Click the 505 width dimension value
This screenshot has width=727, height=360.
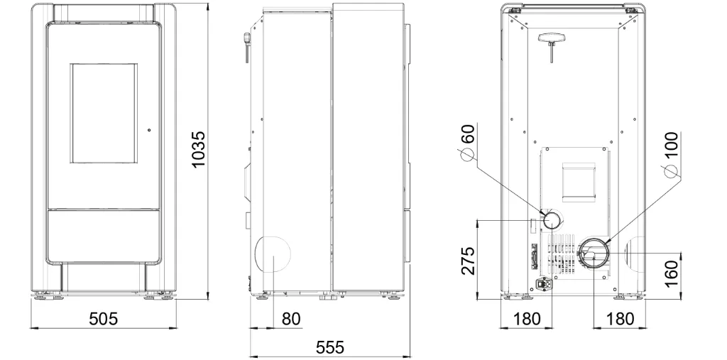pos(104,319)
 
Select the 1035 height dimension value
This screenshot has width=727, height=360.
pos(198,150)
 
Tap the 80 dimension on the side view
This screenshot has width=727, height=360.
pos(291,319)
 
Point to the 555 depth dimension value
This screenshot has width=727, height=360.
pos(330,347)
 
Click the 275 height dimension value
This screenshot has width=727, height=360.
pos(469,261)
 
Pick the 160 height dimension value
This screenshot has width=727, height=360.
pos(671,273)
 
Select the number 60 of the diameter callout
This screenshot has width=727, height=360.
pos(469,134)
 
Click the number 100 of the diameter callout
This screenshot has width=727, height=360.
pos(671,146)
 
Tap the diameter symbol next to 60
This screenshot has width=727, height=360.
pos(467,155)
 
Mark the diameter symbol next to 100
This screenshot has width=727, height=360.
pos(670,171)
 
